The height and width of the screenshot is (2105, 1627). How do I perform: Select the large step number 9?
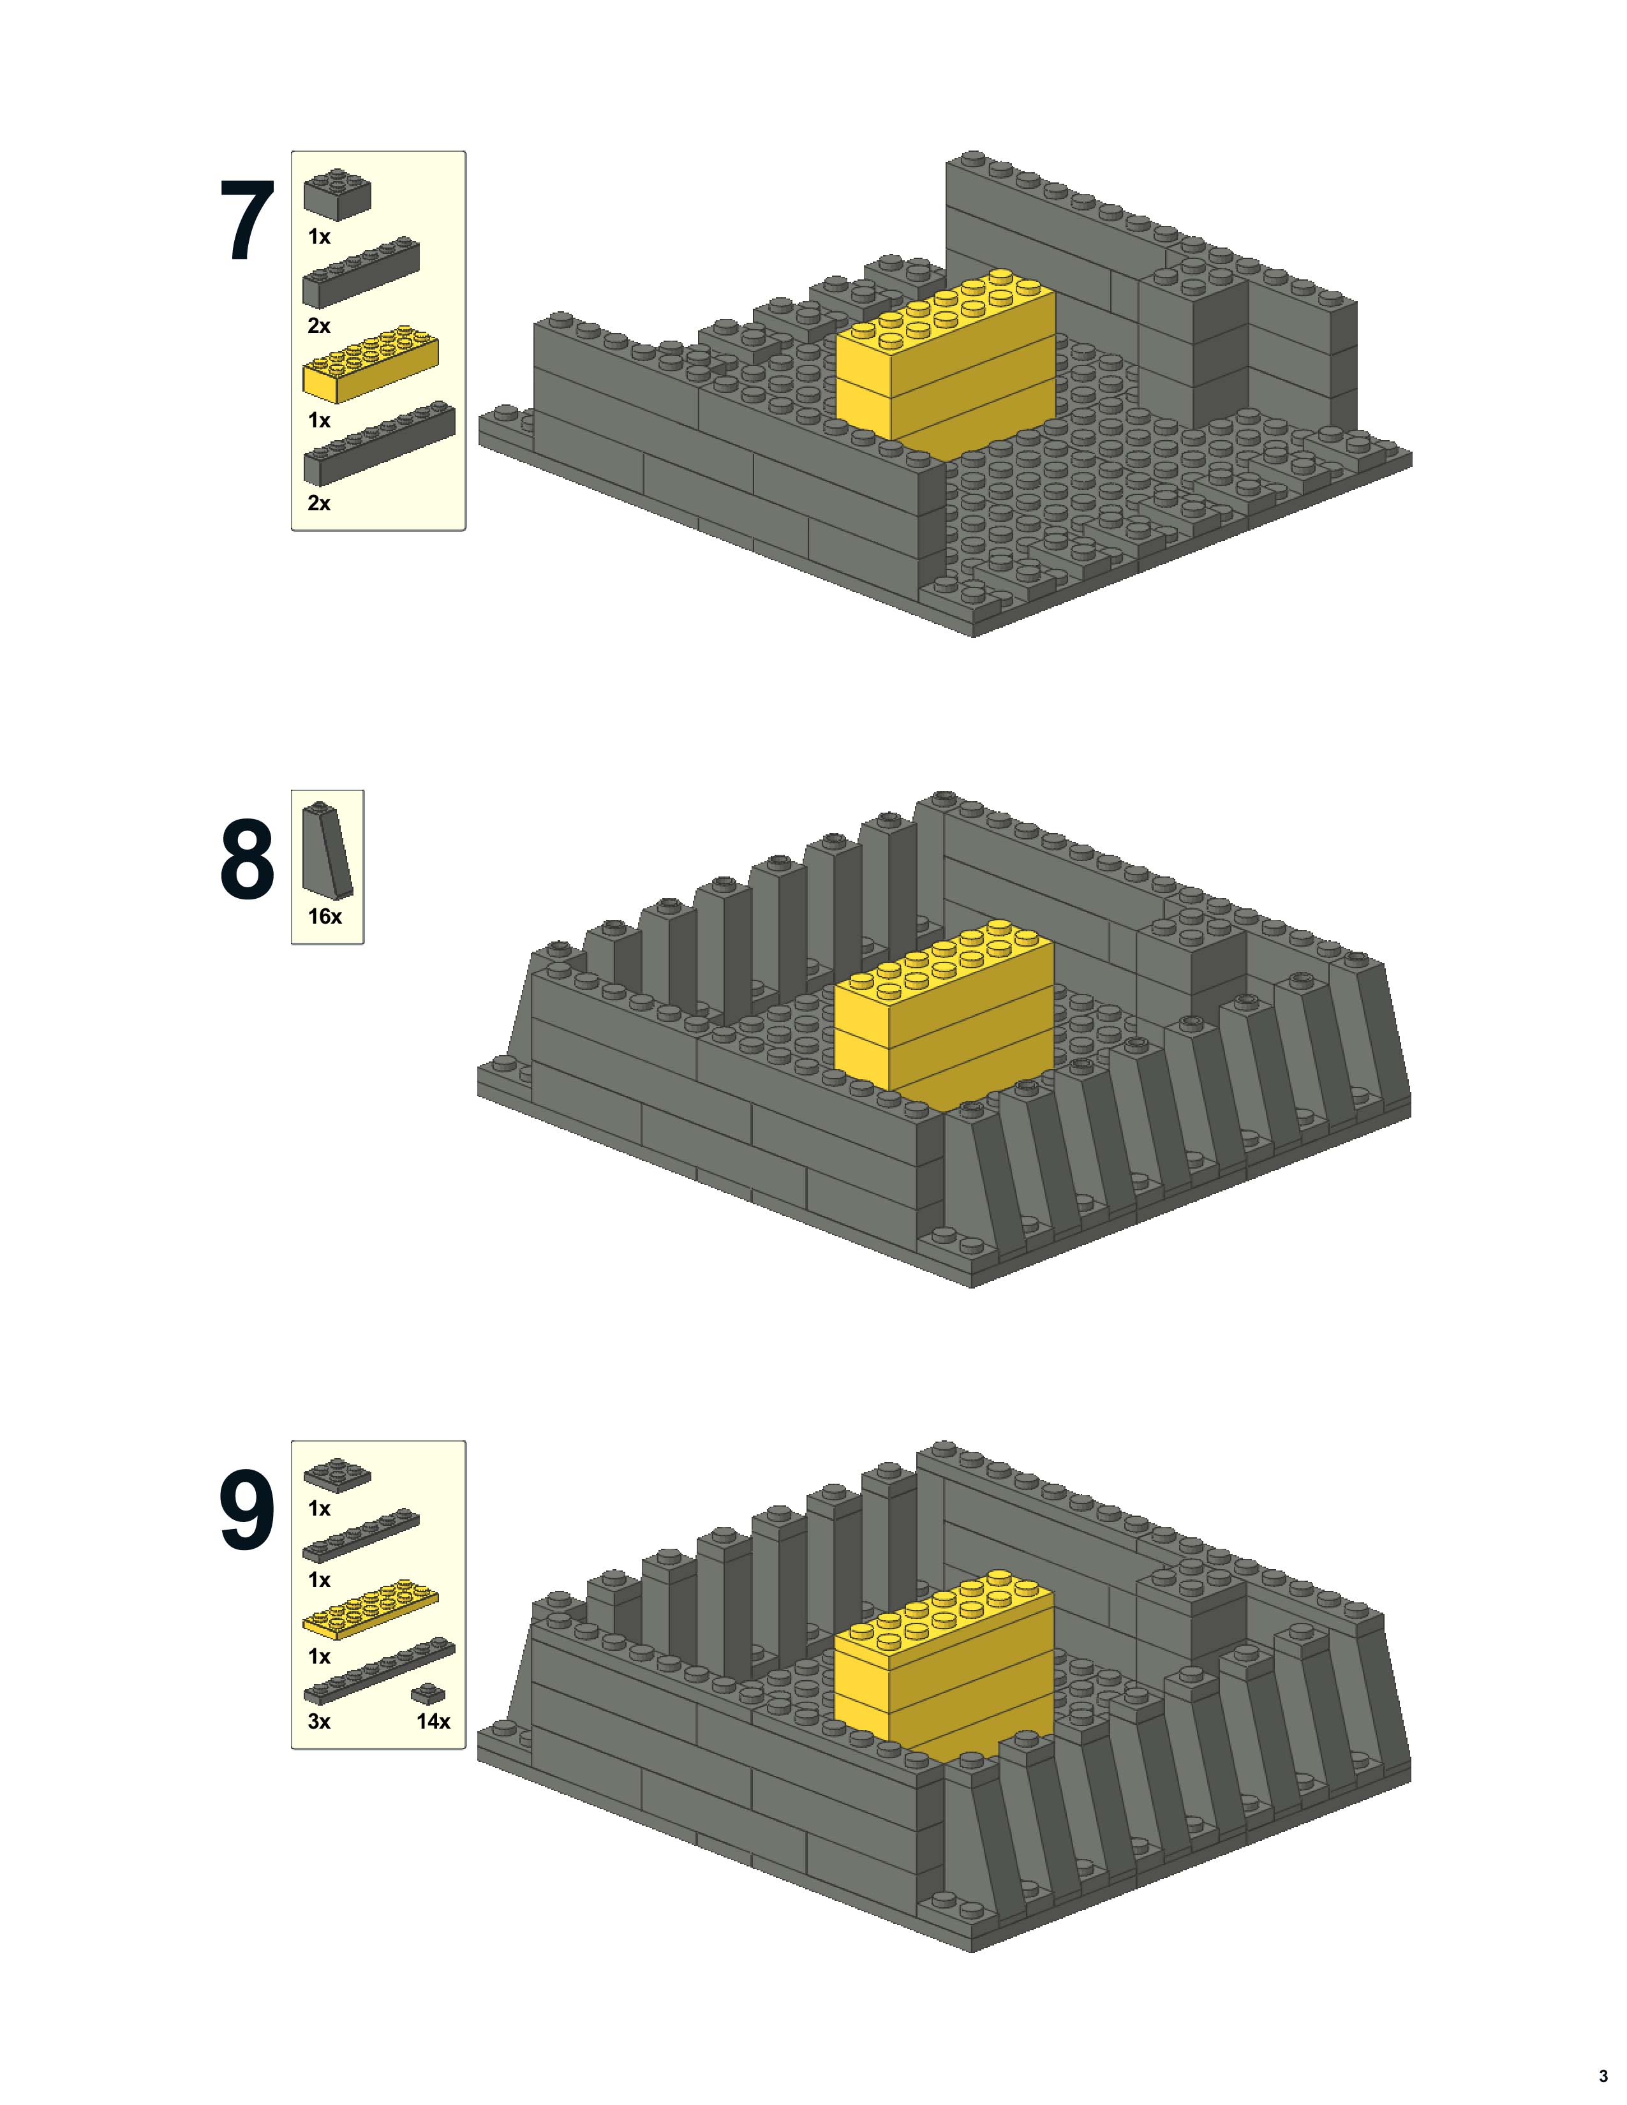247,1509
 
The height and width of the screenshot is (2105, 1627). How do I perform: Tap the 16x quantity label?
325,917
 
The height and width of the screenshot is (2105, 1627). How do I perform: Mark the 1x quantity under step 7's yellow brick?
319,420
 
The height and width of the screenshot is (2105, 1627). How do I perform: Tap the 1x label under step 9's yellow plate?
319,1657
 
